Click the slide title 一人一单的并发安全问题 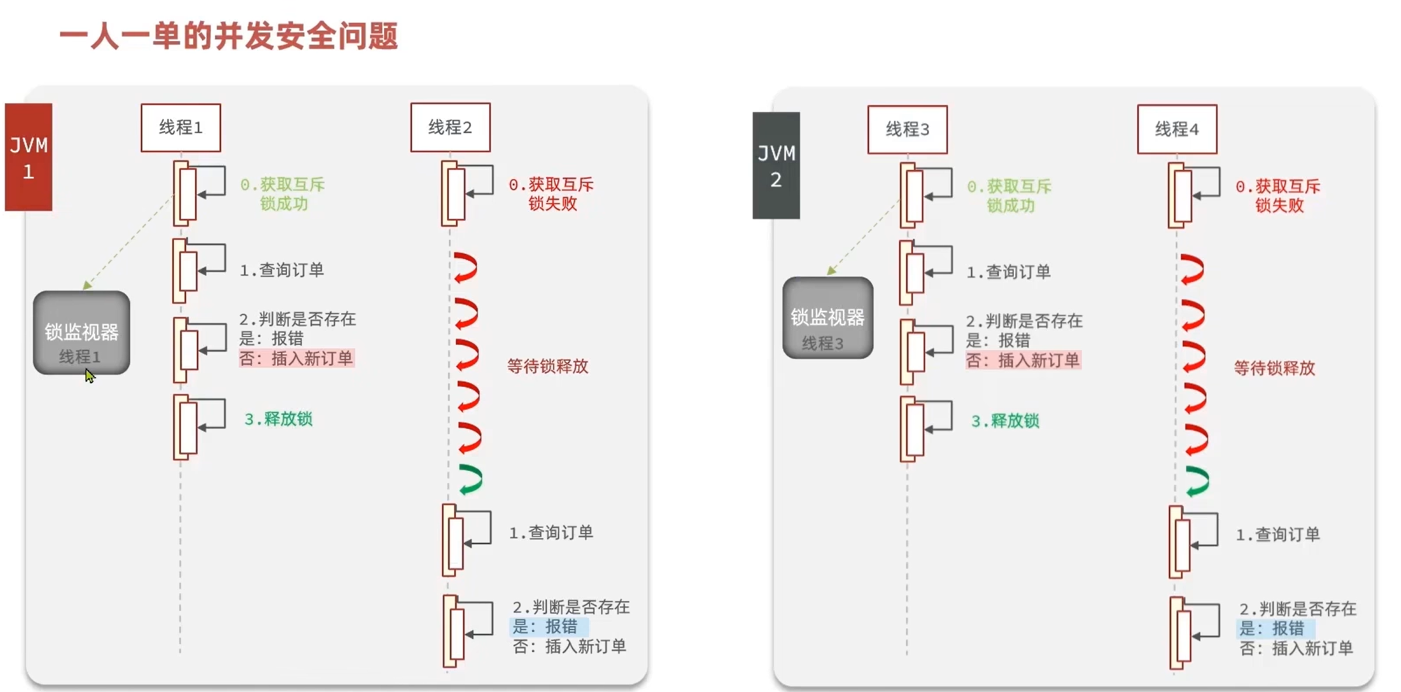tap(229, 36)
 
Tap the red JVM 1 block tap(29, 157)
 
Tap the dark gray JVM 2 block tap(776, 166)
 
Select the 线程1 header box tap(181, 128)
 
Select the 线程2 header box tap(450, 128)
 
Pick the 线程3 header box tap(907, 130)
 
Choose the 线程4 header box tap(1177, 130)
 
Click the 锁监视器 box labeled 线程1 tap(81, 333)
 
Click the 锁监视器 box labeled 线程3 tap(828, 318)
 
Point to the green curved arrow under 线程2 tap(471, 480)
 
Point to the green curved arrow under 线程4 tap(1197, 481)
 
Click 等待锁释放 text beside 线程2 tap(548, 366)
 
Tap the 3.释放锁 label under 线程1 tap(278, 419)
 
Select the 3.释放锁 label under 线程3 tap(1005, 421)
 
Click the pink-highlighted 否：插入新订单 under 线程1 tap(297, 358)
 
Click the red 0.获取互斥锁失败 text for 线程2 tap(552, 194)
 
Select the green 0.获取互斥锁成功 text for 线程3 tap(1010, 196)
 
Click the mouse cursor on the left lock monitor tap(89, 376)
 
